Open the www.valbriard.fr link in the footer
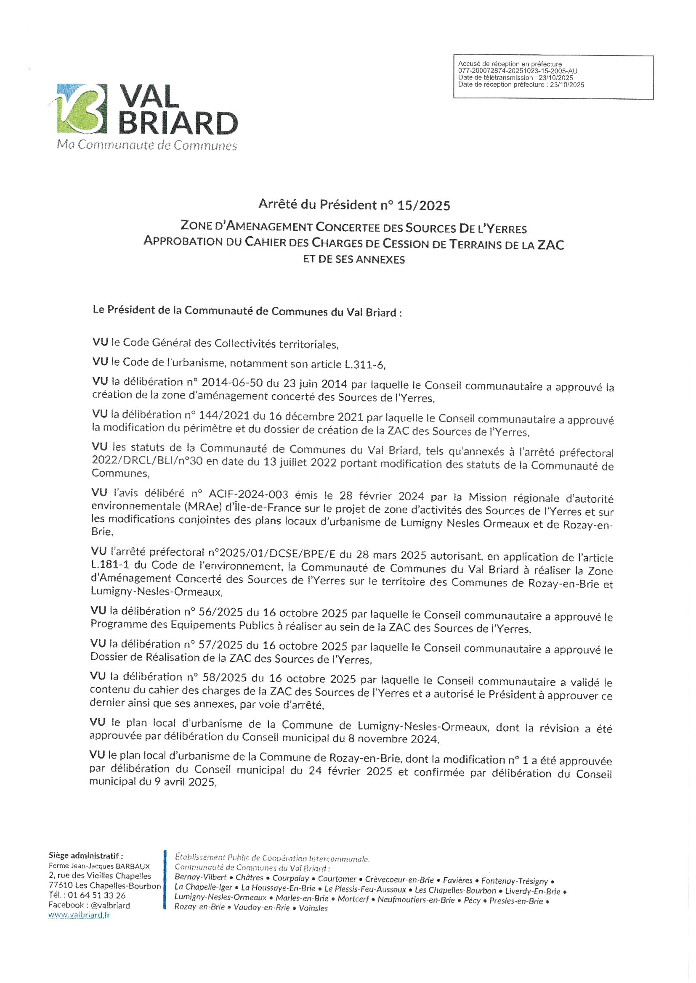tap(79, 915)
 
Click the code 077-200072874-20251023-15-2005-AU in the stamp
tap(518, 71)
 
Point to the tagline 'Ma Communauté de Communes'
tap(147, 145)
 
